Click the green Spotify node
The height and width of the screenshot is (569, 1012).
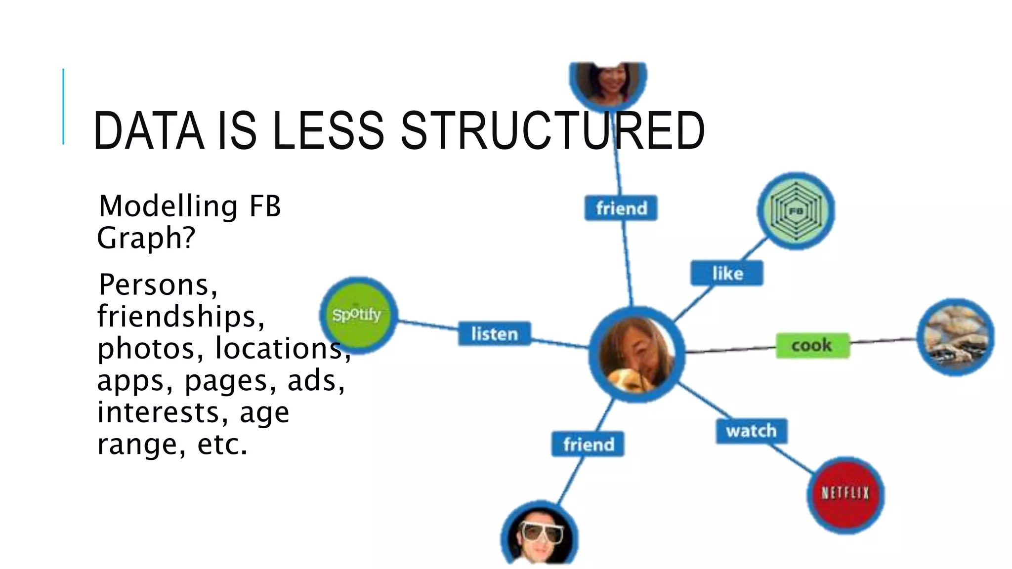tap(358, 315)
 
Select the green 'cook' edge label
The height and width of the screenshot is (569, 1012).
tap(812, 345)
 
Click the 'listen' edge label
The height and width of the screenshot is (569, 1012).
tap(494, 334)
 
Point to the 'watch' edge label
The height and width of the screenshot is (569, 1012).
tap(751, 431)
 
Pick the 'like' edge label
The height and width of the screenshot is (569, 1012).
tap(727, 273)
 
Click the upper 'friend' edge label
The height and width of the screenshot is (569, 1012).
tap(621, 208)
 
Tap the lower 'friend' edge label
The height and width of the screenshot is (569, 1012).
tap(588, 445)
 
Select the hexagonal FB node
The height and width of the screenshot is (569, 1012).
tap(796, 211)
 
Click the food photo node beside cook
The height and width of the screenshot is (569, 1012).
tap(955, 337)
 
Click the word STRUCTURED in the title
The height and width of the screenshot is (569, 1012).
tap(552, 131)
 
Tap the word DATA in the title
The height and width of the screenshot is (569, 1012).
tap(148, 131)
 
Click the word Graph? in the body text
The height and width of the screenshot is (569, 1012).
tap(146, 238)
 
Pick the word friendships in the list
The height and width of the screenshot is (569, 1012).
tap(181, 316)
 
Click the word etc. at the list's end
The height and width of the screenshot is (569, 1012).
tap(222, 444)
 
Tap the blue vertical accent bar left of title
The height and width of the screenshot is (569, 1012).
tap(63, 106)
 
